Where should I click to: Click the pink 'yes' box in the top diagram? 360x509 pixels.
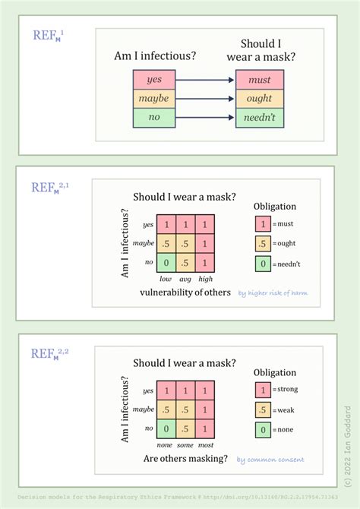point(154,79)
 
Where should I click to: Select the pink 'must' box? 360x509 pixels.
point(259,79)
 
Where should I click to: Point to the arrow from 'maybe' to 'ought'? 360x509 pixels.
point(205,99)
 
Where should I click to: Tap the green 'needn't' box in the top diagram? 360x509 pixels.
point(259,118)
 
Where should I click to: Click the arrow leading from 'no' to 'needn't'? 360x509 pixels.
point(205,118)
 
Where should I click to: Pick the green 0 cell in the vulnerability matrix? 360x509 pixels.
point(166,263)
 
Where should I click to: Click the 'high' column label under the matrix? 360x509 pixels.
point(204,279)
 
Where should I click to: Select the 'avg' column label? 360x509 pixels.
point(185,279)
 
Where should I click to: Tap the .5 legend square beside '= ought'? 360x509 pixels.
point(261,243)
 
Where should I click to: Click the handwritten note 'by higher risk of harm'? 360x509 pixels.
point(273,292)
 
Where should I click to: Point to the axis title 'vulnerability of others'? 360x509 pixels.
point(185,292)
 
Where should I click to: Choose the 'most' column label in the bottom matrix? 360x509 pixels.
point(205,445)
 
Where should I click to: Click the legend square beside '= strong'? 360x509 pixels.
point(262,389)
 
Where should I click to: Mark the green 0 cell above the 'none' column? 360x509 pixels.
point(166,428)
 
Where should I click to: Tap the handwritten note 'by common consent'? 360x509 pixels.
point(270,459)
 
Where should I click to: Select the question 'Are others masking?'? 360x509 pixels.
point(185,459)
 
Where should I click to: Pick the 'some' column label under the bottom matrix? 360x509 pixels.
point(185,445)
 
